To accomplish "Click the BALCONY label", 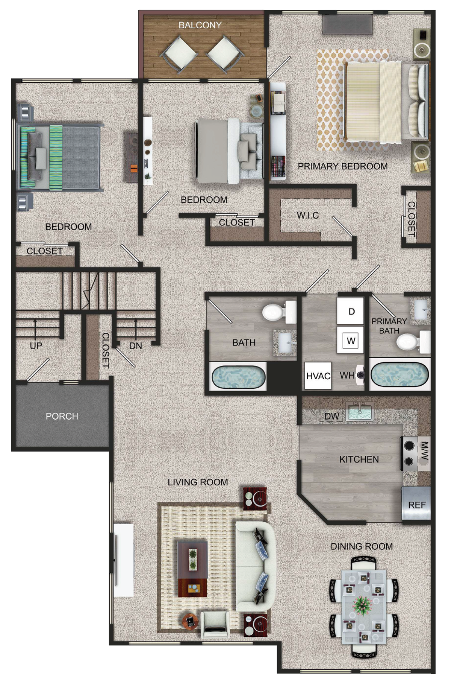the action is [x=200, y=25].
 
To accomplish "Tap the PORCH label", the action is [x=62, y=416].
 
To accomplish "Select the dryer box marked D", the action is [x=351, y=311].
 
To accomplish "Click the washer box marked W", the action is [x=351, y=340].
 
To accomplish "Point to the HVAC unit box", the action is [x=318, y=376].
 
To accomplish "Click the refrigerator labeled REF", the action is [x=416, y=504].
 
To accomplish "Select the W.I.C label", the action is [x=308, y=215].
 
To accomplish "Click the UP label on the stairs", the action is [x=36, y=345].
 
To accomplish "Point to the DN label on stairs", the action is [x=136, y=345].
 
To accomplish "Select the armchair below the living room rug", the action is [x=215, y=625].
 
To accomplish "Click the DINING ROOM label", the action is [x=362, y=546].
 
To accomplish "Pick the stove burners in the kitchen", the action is [x=409, y=453].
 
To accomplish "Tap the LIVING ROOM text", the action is [x=198, y=482].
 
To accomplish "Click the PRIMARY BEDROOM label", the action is [x=343, y=166].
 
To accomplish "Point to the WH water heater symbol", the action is [x=361, y=375].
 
